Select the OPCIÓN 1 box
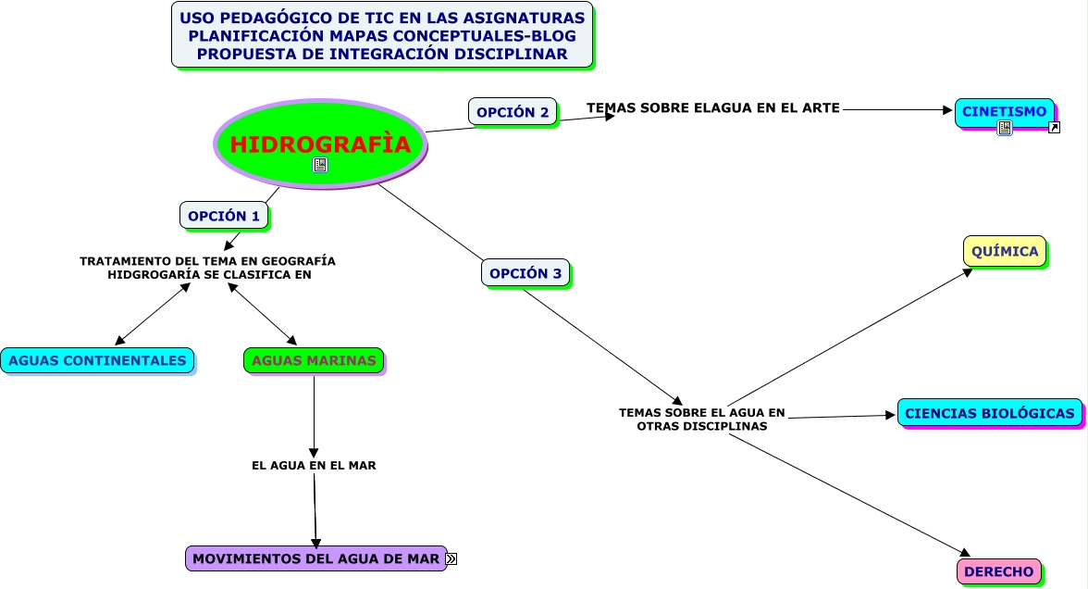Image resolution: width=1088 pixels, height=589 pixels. (x=224, y=216)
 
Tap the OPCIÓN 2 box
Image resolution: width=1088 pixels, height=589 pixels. (x=513, y=112)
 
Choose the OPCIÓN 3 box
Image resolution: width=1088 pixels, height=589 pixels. (x=525, y=273)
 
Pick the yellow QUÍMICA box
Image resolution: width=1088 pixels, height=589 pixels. (x=1005, y=251)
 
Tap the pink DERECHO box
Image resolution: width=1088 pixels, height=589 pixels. (x=998, y=571)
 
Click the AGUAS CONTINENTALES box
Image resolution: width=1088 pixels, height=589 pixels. (x=97, y=360)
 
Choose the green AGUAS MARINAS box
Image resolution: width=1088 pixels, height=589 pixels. (x=314, y=360)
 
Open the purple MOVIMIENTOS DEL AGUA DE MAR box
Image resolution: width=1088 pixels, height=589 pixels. (x=315, y=558)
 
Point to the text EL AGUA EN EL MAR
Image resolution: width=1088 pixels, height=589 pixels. (x=314, y=466)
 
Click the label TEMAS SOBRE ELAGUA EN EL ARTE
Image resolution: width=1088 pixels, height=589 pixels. (x=712, y=108)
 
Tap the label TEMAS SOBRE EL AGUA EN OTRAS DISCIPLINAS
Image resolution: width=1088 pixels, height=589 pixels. (x=701, y=420)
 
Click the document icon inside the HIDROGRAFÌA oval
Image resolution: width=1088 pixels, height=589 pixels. (x=320, y=165)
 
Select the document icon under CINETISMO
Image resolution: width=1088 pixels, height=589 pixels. (x=1005, y=128)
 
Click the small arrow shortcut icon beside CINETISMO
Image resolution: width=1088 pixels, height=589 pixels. (x=1054, y=128)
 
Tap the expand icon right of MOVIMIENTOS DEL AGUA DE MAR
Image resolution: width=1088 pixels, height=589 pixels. (x=451, y=558)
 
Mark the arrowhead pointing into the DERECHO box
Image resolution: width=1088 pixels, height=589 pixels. (x=963, y=553)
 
